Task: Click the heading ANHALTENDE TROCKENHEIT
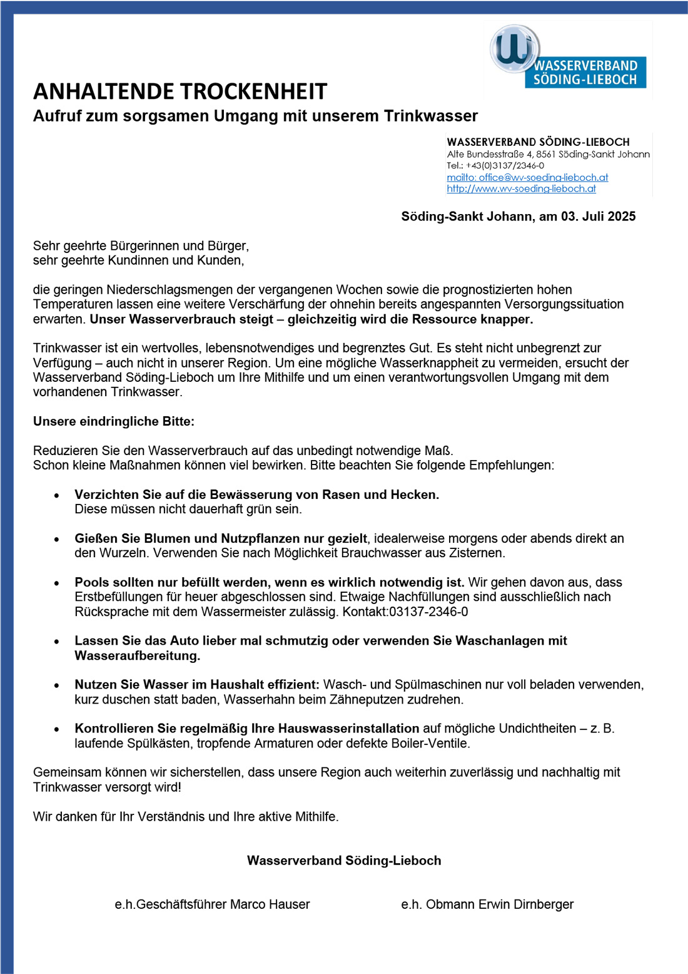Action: point(180,91)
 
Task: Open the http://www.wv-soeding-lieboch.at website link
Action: point(521,188)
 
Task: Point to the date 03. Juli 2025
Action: point(598,217)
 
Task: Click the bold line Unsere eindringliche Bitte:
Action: point(114,421)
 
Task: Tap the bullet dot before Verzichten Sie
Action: point(57,495)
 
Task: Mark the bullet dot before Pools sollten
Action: point(57,583)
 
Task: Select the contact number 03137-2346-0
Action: point(428,612)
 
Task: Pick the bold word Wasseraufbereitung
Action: point(137,655)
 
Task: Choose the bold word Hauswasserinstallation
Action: point(348,728)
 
